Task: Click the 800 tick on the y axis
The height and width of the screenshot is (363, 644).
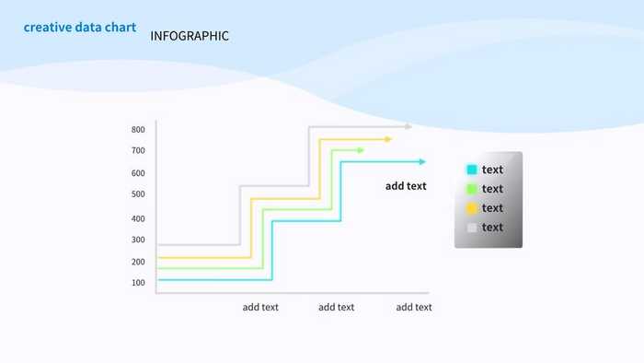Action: pyautogui.click(x=138, y=129)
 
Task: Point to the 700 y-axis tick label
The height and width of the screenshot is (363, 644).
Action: pyautogui.click(x=138, y=150)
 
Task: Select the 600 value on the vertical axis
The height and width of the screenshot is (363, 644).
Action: pyautogui.click(x=138, y=173)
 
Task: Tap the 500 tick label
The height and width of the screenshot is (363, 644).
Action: pyautogui.click(x=138, y=194)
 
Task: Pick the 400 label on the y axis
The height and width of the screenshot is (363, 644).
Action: pyautogui.click(x=138, y=218)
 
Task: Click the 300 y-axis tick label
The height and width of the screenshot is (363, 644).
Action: pyautogui.click(x=138, y=240)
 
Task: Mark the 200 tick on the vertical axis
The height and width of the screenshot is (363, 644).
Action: pyautogui.click(x=138, y=262)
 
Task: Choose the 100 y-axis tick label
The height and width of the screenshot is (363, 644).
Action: pyautogui.click(x=138, y=283)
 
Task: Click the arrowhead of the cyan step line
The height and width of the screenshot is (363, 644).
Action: pyautogui.click(x=422, y=162)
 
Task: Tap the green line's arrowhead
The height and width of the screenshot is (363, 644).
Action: pyautogui.click(x=361, y=150)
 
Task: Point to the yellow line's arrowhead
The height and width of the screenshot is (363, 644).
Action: pyautogui.click(x=388, y=139)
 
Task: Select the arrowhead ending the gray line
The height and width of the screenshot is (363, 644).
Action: pyautogui.click(x=408, y=126)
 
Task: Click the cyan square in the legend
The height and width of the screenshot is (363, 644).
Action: pyautogui.click(x=472, y=170)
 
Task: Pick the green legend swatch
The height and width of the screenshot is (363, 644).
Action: pyautogui.click(x=472, y=189)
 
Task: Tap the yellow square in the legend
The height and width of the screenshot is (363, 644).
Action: pyautogui.click(x=472, y=208)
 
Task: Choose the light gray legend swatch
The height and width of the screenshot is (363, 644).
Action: pyautogui.click(x=472, y=228)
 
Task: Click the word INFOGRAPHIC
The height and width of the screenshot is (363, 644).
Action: pyautogui.click(x=190, y=36)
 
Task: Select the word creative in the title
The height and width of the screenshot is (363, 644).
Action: pyautogui.click(x=47, y=28)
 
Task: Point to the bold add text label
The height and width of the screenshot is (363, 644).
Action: pyautogui.click(x=406, y=186)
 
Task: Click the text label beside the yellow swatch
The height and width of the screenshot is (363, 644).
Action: pyautogui.click(x=492, y=208)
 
